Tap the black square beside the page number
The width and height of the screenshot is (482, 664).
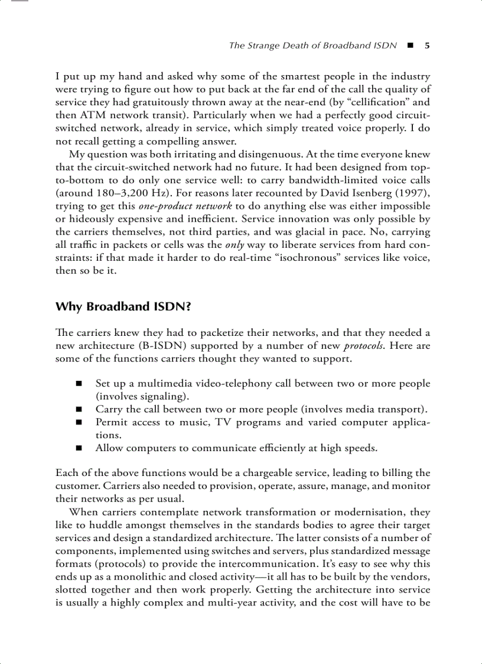click(x=410, y=46)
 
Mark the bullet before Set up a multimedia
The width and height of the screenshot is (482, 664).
click(x=79, y=384)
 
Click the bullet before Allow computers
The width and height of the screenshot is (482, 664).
click(x=79, y=448)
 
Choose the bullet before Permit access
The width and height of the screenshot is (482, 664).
click(x=79, y=423)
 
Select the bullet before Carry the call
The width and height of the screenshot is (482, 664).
click(x=79, y=410)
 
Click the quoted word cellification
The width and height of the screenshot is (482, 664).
click(x=372, y=102)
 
